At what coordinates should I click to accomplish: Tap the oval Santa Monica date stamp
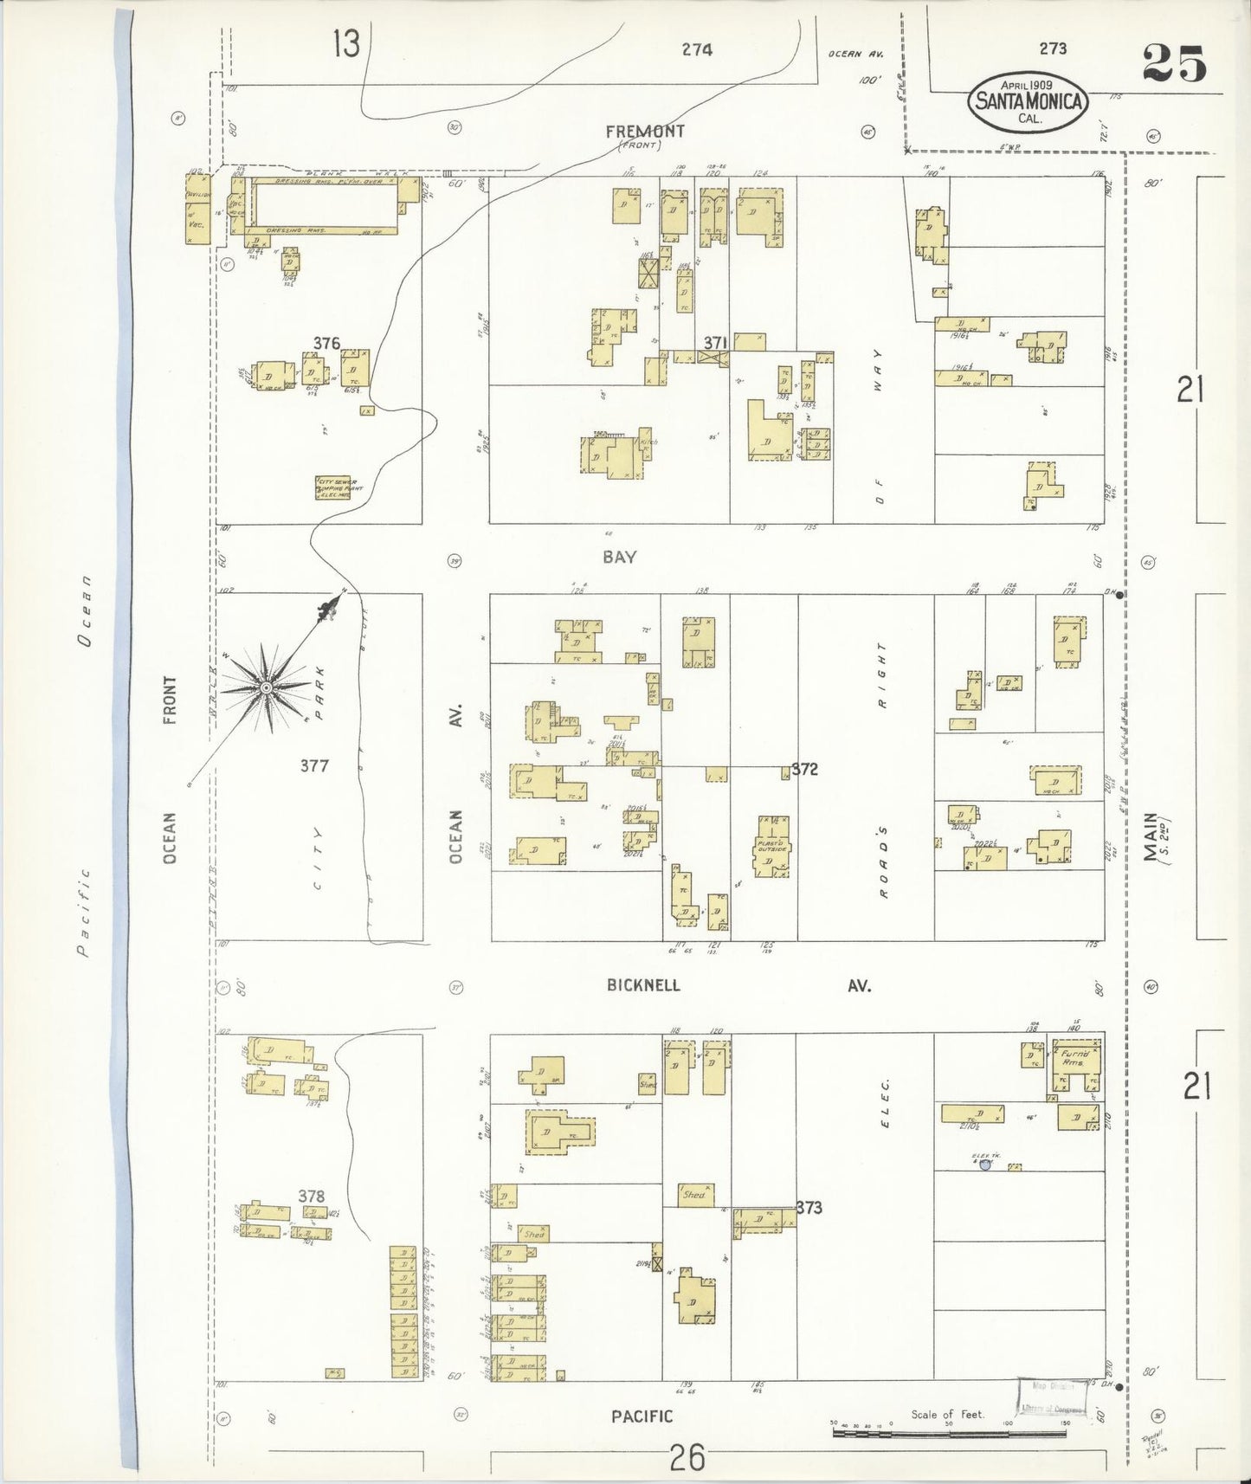[1028, 101]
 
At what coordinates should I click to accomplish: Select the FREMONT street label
[644, 132]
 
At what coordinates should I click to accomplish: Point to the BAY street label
[620, 557]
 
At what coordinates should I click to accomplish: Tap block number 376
[326, 343]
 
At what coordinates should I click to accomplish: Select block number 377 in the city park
[314, 765]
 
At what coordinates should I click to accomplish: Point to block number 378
[311, 1197]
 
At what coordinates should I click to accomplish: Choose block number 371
[713, 343]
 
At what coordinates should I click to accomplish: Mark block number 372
[804, 768]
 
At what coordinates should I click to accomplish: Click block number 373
[808, 1207]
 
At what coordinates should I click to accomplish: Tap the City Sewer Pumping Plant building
[337, 488]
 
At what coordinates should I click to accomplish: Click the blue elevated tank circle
[984, 1165]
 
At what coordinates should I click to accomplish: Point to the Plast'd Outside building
[770, 847]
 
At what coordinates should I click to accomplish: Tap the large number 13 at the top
[345, 43]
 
